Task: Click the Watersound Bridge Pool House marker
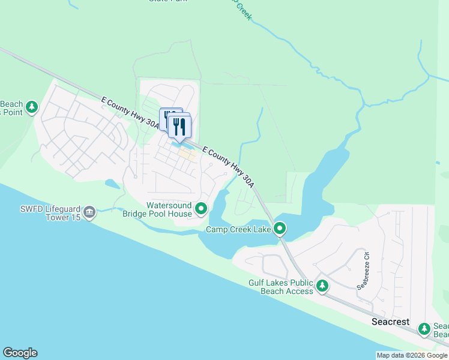click(201, 209)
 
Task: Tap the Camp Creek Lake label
click(239, 229)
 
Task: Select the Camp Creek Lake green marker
click(280, 228)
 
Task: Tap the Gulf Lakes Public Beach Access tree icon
click(322, 286)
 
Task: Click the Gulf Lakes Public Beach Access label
click(281, 287)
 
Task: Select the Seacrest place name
click(390, 322)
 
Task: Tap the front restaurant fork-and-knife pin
click(179, 126)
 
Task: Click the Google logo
click(20, 353)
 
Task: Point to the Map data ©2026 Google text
click(412, 355)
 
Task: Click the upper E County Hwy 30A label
click(130, 113)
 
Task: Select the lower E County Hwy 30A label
click(228, 164)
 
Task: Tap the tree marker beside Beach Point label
click(32, 107)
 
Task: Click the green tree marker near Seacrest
click(424, 329)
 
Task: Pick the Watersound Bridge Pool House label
click(157, 209)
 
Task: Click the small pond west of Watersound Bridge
click(112, 184)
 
